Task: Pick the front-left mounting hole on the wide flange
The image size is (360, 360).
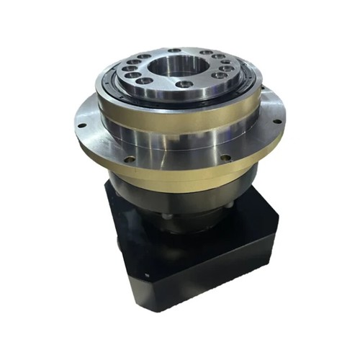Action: click(x=127, y=158)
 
